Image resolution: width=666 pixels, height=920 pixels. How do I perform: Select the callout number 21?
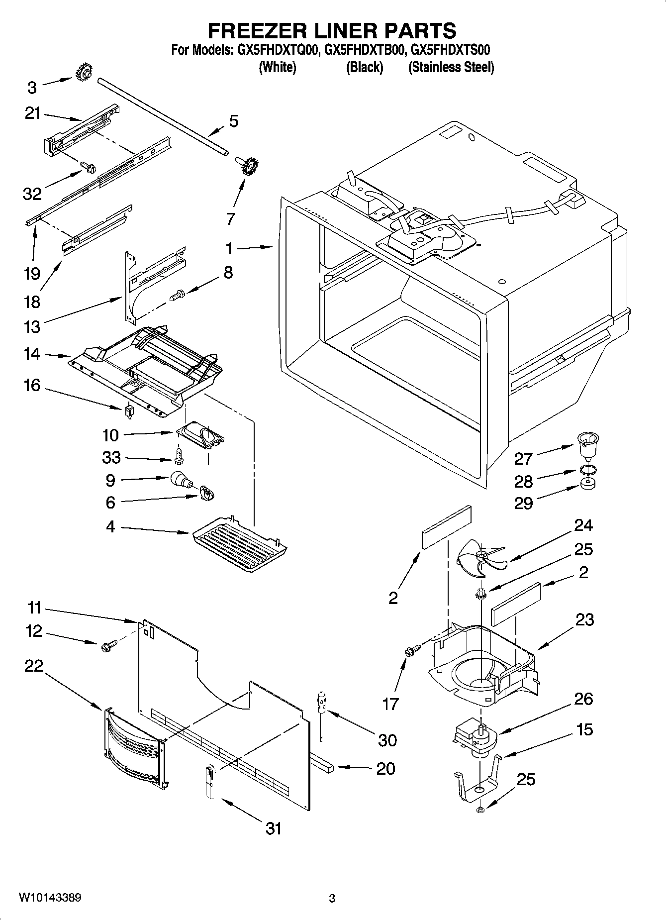(x=32, y=113)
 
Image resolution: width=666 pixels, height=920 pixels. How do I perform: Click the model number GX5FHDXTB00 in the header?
(x=363, y=50)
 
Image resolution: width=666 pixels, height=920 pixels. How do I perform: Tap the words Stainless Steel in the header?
(x=451, y=67)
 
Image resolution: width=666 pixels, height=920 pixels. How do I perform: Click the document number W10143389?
(x=50, y=897)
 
